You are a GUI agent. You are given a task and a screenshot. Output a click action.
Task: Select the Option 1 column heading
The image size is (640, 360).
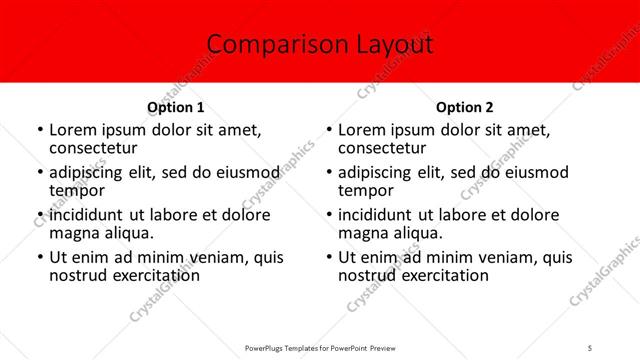(176, 107)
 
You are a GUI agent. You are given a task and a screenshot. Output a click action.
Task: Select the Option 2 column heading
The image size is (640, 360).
(464, 107)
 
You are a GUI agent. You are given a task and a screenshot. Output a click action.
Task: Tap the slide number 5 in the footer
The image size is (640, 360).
(590, 348)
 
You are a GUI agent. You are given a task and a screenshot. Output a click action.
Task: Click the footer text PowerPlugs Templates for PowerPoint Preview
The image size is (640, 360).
(320, 348)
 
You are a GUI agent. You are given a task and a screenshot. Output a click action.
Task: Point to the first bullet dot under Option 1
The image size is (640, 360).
(39, 130)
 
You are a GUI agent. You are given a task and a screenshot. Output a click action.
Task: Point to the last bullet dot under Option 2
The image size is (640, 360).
(329, 258)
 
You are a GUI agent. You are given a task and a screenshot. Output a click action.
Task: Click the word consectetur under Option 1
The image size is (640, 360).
(92, 148)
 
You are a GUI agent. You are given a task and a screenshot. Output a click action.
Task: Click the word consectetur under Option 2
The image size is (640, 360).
(381, 148)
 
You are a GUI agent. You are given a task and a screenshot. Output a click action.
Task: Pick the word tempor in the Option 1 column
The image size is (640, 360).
(77, 190)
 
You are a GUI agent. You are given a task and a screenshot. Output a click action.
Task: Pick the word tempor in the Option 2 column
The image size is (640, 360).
(366, 190)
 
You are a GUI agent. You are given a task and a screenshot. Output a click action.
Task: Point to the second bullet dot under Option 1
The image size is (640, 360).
(39, 173)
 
